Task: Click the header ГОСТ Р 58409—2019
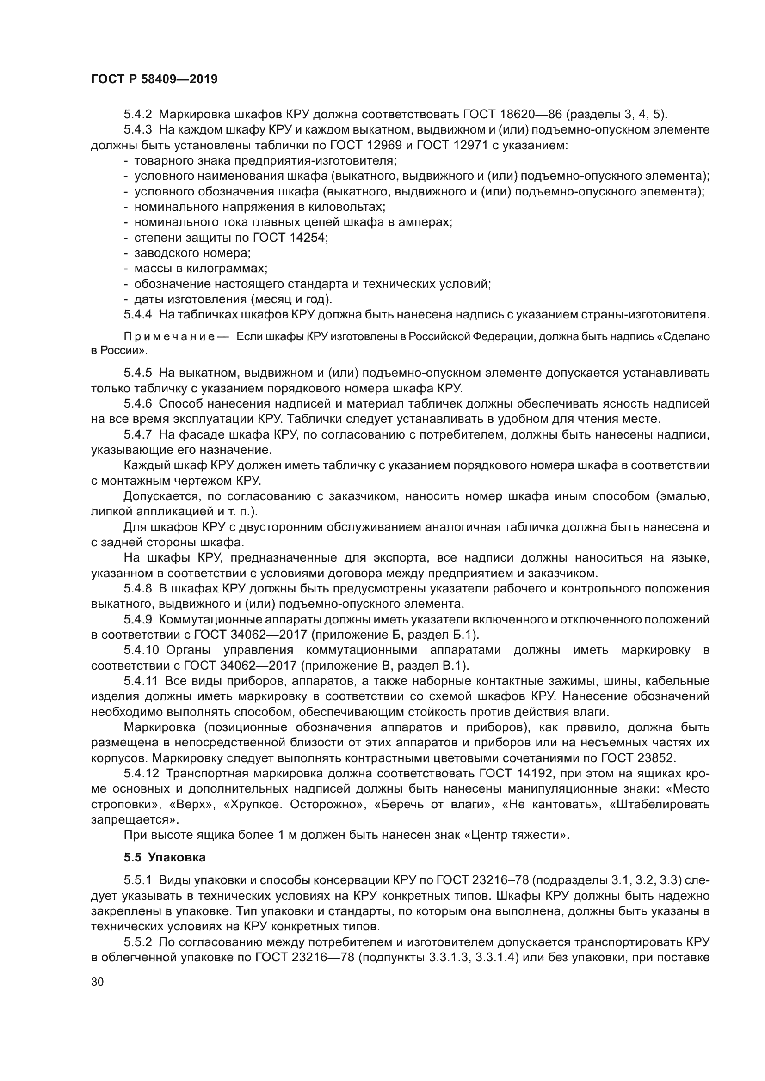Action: pyautogui.click(x=154, y=79)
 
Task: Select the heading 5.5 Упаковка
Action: pyautogui.click(x=165, y=857)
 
